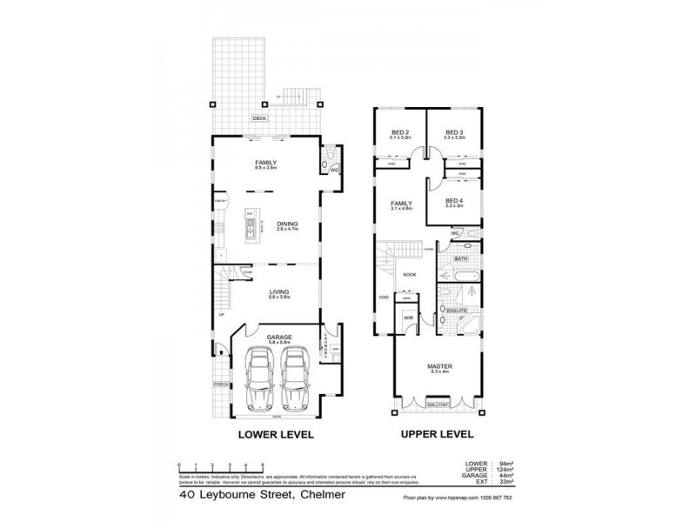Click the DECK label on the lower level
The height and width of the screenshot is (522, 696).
tap(258, 118)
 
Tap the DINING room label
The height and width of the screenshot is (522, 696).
tap(287, 224)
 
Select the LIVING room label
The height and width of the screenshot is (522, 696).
tap(279, 292)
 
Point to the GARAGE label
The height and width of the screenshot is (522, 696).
tap(279, 335)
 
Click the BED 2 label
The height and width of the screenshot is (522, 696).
tap(399, 133)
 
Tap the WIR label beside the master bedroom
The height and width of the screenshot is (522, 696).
tap(407, 319)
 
